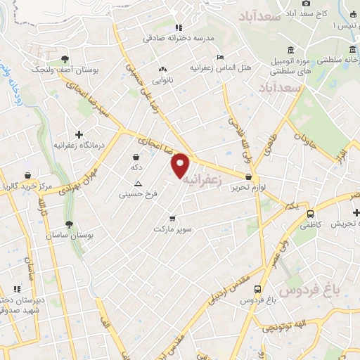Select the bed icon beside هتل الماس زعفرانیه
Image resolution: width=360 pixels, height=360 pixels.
(x=221, y=58)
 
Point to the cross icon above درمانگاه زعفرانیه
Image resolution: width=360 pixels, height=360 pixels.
(x=79, y=134)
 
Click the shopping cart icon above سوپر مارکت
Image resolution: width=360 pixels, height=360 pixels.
(x=172, y=218)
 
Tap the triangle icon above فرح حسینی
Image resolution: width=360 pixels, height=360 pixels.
(x=138, y=183)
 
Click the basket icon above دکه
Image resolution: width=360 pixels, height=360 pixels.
(x=136, y=156)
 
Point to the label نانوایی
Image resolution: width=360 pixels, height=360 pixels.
(x=163, y=80)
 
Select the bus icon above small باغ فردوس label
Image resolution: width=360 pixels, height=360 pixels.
(x=258, y=288)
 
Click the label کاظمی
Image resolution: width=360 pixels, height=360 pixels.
(x=309, y=226)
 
